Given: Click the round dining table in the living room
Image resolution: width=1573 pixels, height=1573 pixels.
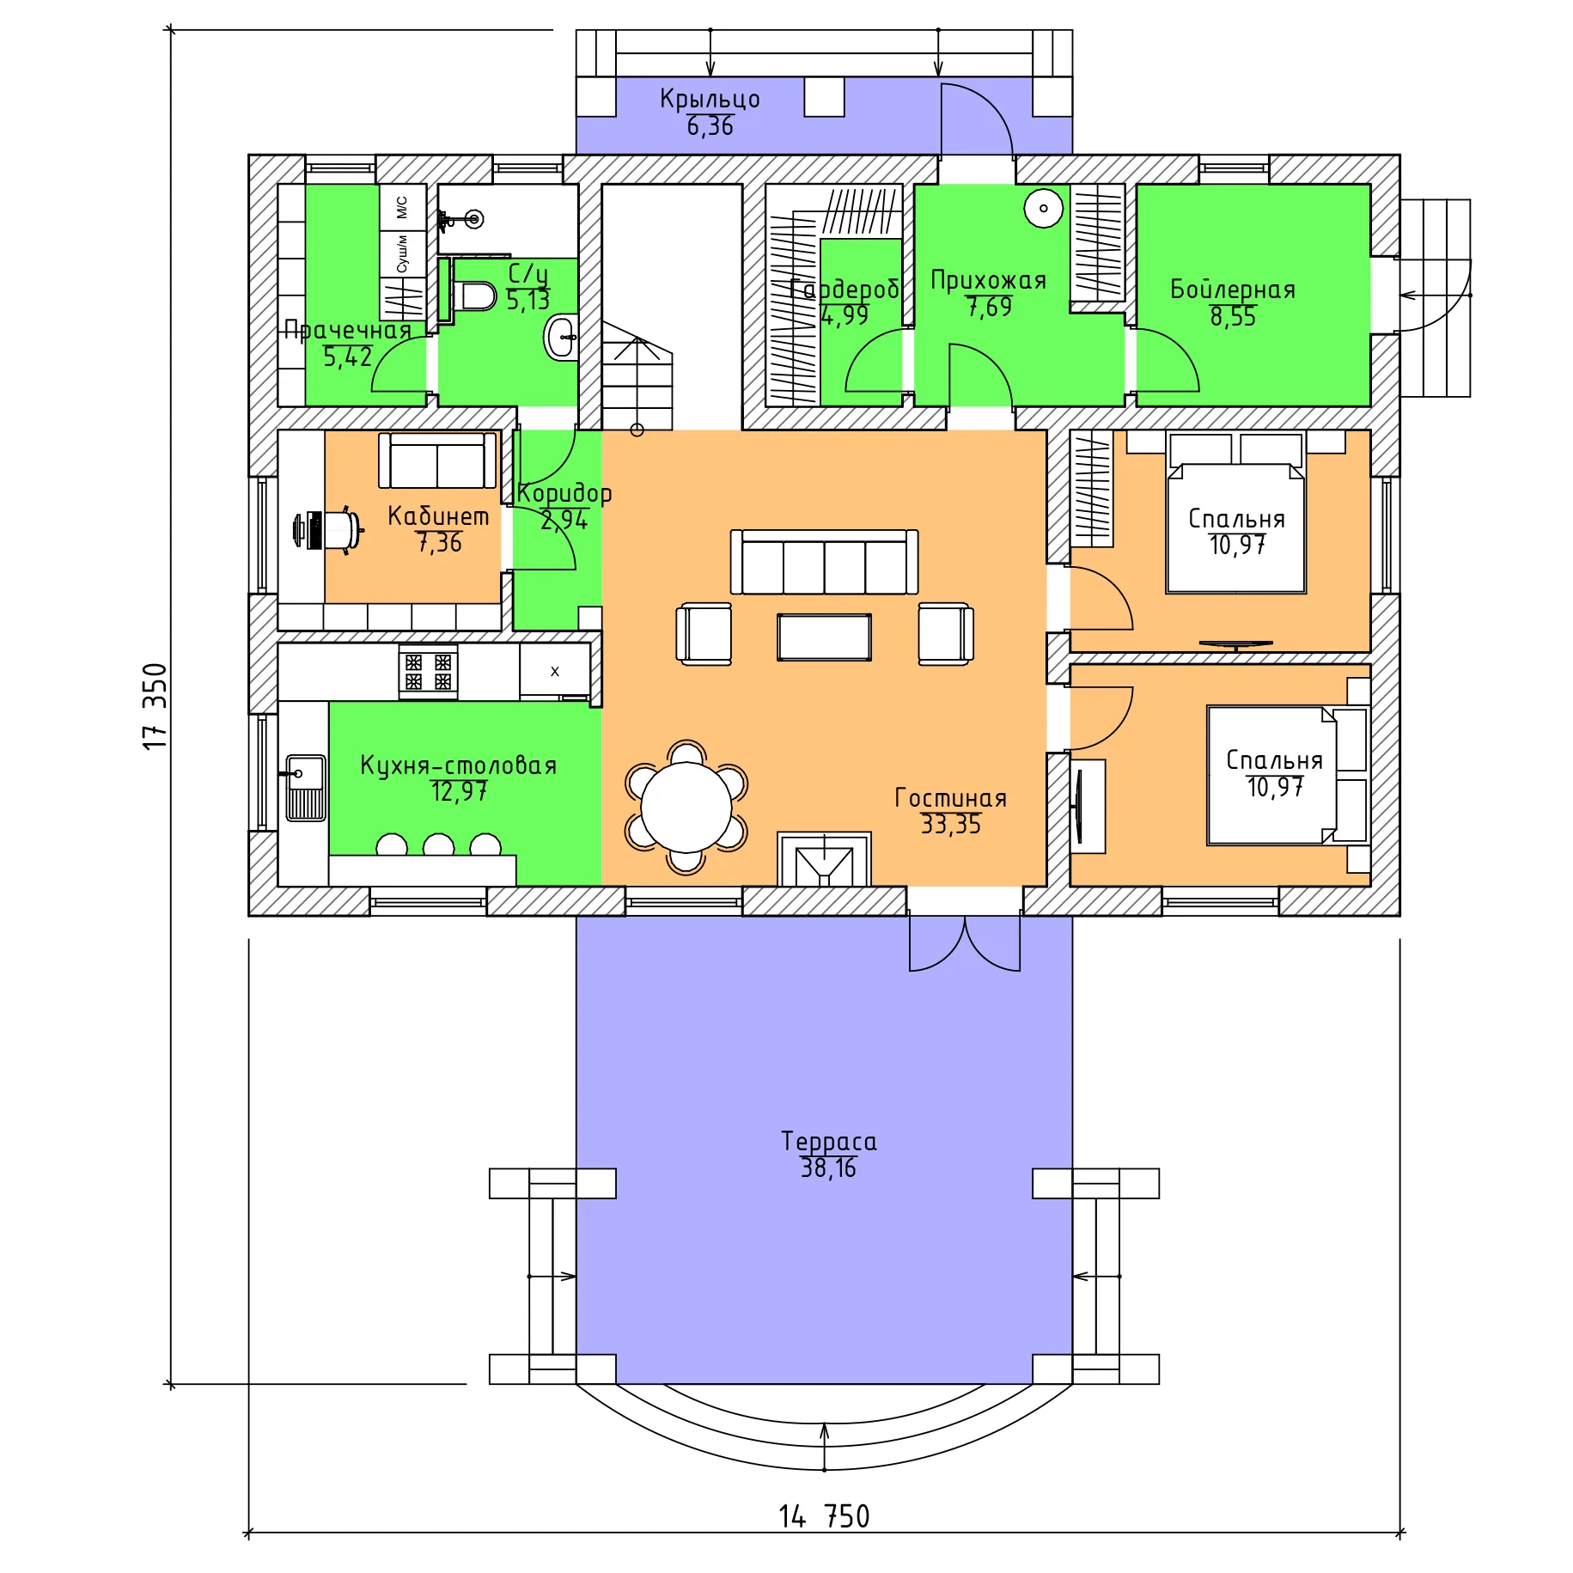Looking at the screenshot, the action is tap(686, 808).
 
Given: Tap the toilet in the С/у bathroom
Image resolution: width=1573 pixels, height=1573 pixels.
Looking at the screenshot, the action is tap(474, 296).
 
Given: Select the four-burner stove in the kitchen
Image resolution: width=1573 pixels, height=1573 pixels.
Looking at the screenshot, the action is tap(428, 672).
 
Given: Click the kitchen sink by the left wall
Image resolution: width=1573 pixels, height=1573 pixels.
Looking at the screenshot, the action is tap(305, 788).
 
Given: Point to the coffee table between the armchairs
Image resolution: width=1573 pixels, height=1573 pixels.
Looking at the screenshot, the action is tap(824, 637).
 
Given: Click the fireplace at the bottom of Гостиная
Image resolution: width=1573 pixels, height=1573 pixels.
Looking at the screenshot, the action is tap(824, 858).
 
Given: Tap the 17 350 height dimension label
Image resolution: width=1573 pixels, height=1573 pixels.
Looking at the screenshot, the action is tap(155, 706).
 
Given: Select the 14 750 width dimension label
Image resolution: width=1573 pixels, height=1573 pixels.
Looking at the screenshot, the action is tap(824, 1516).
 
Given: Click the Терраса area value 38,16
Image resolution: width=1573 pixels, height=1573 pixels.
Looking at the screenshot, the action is tap(828, 1168).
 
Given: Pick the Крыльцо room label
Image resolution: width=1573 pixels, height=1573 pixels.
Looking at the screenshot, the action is tap(710, 99).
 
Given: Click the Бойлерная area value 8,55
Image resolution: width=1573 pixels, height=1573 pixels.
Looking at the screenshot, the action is tap(1233, 317).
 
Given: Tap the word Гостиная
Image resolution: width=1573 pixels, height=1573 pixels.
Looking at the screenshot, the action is tap(950, 798).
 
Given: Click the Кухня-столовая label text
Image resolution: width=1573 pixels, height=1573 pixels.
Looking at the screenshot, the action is tap(458, 765).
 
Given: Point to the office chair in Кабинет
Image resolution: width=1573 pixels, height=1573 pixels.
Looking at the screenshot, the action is tap(329, 530).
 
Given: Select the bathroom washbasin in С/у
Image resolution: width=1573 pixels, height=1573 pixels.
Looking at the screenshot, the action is tap(560, 338).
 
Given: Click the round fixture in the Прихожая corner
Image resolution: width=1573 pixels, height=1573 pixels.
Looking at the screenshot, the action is tap(1044, 208).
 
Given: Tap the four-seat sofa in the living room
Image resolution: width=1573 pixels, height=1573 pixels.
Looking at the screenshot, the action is tap(824, 562).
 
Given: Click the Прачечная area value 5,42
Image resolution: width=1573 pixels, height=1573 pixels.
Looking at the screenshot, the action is tap(347, 357).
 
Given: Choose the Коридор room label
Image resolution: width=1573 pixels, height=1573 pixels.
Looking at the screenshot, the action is tap(564, 494).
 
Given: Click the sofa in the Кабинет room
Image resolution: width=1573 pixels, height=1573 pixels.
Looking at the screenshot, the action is tap(438, 460).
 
